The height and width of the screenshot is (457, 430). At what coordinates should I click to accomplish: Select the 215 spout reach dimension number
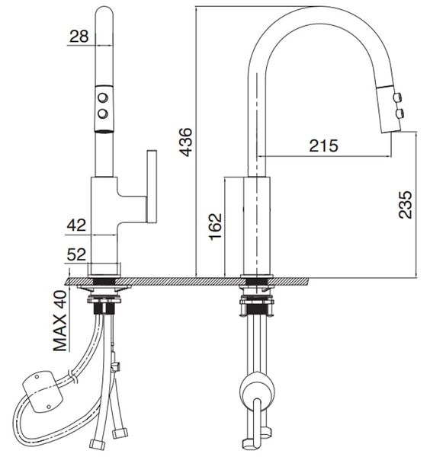pyautogui.click(x=323, y=145)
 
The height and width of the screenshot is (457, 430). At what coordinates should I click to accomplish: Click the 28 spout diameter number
pyautogui.click(x=79, y=35)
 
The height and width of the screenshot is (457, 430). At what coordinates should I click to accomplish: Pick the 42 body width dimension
pyautogui.click(x=76, y=225)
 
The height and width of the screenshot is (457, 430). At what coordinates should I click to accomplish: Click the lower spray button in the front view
pyautogui.click(x=102, y=113)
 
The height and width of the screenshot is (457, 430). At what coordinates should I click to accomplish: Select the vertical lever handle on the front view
pyautogui.click(x=151, y=187)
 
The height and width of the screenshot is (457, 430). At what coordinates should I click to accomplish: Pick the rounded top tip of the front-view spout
pyautogui.click(x=102, y=11)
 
